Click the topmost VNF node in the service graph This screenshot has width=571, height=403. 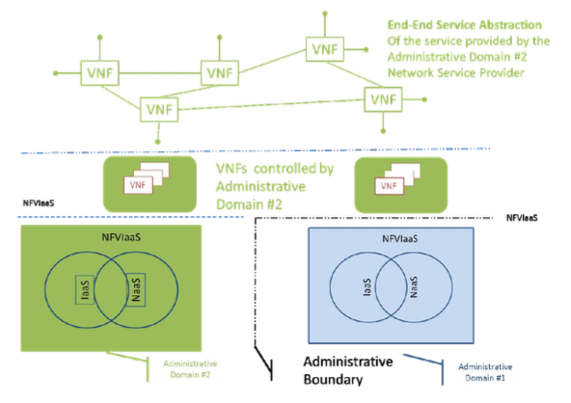323,46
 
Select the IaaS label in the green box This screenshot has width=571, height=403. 83,290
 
